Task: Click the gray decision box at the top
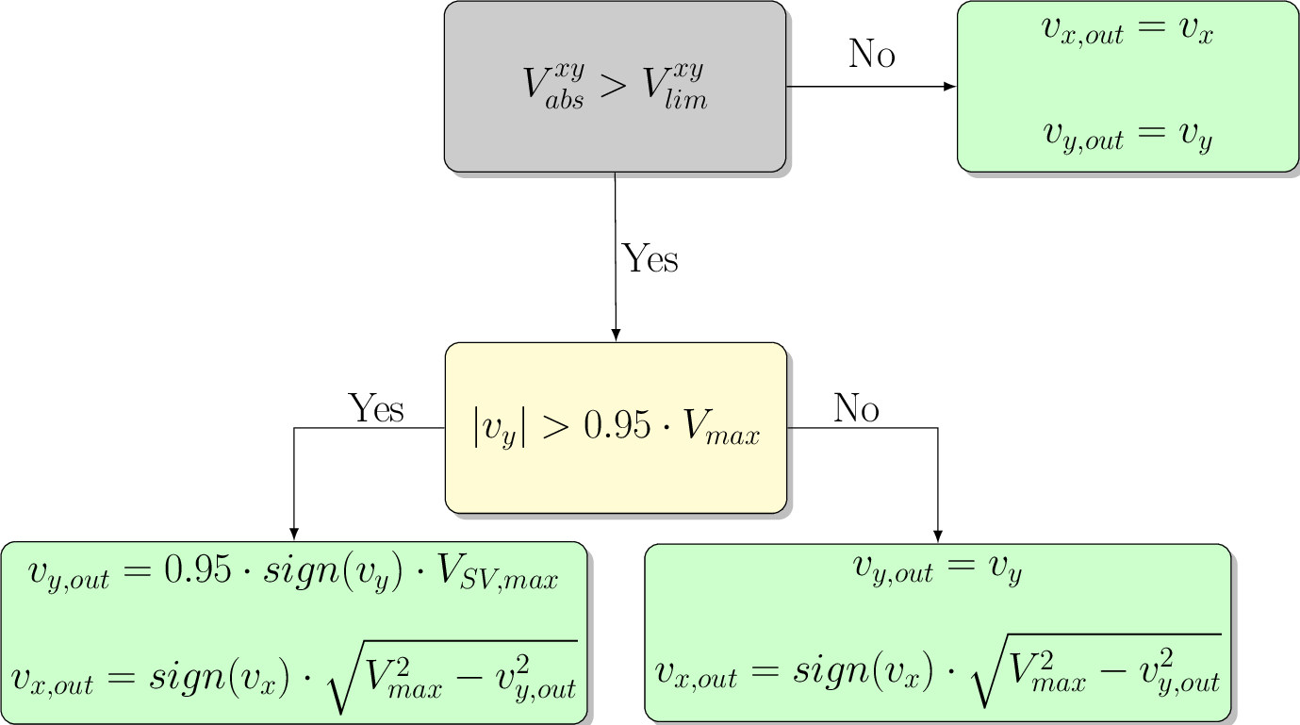pos(615,87)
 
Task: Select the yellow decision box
pos(616,428)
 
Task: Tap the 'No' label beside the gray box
pos(872,55)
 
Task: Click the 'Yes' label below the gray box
pos(650,258)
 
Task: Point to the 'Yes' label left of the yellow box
pos(376,409)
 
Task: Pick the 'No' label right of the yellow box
pos(856,409)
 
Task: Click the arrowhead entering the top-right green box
pos(950,87)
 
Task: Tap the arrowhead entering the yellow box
pos(616,335)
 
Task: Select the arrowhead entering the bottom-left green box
pos(294,534)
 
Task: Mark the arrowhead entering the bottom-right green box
pos(938,536)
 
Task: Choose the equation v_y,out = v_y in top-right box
pos(1127,139)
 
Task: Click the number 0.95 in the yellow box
pos(617,429)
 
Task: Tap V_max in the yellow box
pos(720,432)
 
